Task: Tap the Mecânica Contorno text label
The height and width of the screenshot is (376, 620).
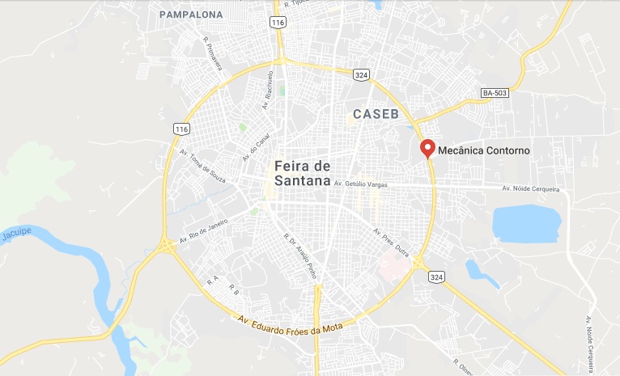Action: tap(484, 150)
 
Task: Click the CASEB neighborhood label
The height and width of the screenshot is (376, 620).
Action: tap(376, 114)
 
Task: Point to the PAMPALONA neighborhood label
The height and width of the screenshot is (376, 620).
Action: tap(191, 15)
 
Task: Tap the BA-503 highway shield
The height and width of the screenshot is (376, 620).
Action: tap(495, 93)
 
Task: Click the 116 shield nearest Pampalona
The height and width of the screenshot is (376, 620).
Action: tap(278, 23)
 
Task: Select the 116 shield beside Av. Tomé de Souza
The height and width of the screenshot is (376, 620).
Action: tap(180, 129)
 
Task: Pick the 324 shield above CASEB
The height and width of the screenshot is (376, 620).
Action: tap(362, 74)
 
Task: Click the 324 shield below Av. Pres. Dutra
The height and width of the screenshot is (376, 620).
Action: tap(436, 277)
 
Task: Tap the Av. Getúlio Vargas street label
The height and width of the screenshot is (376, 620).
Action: tap(361, 184)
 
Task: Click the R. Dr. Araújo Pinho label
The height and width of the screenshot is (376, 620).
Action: tap(299, 257)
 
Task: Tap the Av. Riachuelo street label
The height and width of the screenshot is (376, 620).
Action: tap(269, 89)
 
